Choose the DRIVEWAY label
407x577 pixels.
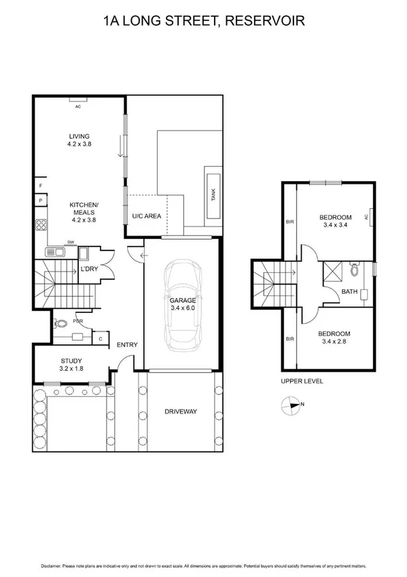click(180, 412)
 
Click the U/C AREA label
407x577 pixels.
click(146, 216)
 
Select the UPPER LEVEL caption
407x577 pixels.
click(301, 382)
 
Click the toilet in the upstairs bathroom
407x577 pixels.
click(354, 270)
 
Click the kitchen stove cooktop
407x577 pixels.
click(41, 225)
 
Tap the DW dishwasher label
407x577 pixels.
click(70, 242)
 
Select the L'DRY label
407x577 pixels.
click(90, 270)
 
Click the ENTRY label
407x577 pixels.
click(127, 345)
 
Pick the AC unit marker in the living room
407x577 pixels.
click(77, 107)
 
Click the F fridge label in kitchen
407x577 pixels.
click(41, 185)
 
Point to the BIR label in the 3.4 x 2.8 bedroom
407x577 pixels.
click(290, 338)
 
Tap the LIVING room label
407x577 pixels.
click(79, 135)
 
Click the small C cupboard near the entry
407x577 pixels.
click(101, 337)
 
